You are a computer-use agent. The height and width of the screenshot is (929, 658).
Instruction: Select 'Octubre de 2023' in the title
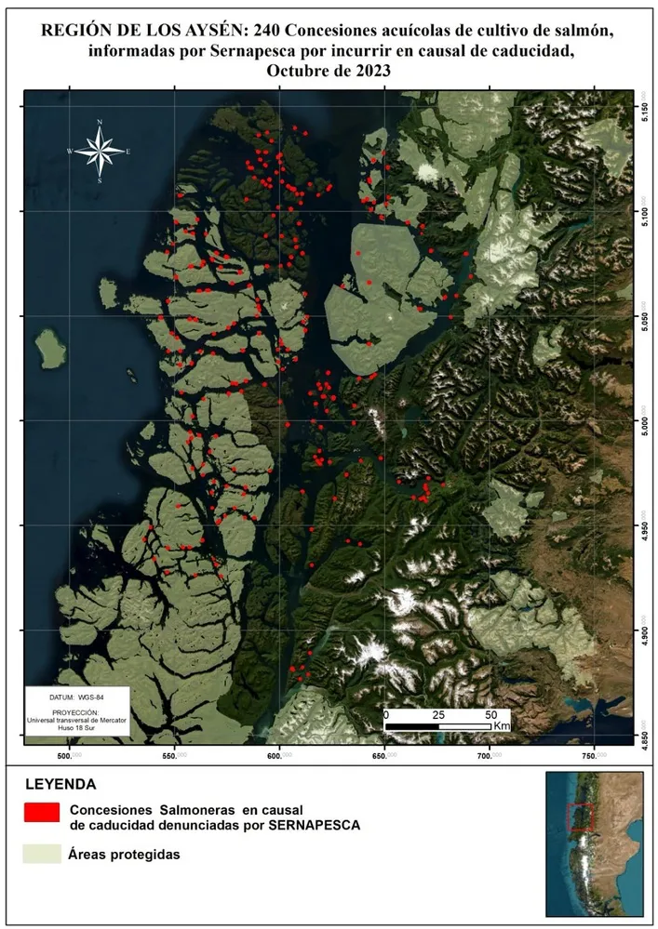coord(329,71)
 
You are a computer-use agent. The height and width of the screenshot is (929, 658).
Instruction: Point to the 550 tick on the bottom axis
coord(175,754)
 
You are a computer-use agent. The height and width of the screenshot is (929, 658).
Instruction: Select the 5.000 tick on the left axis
coord(13,421)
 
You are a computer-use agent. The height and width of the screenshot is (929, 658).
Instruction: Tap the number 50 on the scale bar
coord(490,714)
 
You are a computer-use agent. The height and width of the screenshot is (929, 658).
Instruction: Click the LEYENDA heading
coord(60,784)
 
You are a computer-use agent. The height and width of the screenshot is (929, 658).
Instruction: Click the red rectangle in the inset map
coord(579,816)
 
